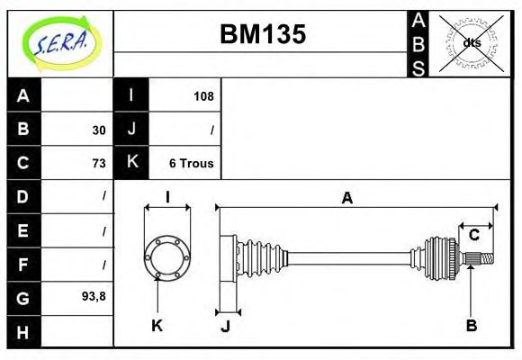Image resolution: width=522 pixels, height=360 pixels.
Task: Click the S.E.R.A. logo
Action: [60, 42]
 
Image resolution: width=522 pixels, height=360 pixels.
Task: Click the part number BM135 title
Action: [263, 34]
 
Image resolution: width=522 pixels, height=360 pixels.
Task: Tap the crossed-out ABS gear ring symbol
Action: [471, 42]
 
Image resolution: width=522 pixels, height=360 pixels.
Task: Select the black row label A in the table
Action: [23, 95]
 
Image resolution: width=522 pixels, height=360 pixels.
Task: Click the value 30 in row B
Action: [98, 130]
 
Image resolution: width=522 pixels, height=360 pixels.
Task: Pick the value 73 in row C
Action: [98, 163]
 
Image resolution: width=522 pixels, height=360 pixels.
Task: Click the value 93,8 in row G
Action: [94, 296]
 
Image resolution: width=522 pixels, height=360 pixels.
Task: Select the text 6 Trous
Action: [191, 163]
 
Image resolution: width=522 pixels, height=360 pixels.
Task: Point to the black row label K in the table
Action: [131, 163]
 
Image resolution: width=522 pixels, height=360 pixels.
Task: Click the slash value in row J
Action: [211, 130]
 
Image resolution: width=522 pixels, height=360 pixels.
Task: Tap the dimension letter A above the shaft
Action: [346, 198]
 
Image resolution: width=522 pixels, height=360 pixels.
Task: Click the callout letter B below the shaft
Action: [471, 325]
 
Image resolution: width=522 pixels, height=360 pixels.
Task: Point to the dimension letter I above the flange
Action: [166, 198]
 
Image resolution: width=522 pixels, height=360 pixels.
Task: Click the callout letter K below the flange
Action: [157, 325]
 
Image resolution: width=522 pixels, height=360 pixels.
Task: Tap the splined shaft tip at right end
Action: [483, 260]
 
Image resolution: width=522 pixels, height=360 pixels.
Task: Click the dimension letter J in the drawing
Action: [226, 326]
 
